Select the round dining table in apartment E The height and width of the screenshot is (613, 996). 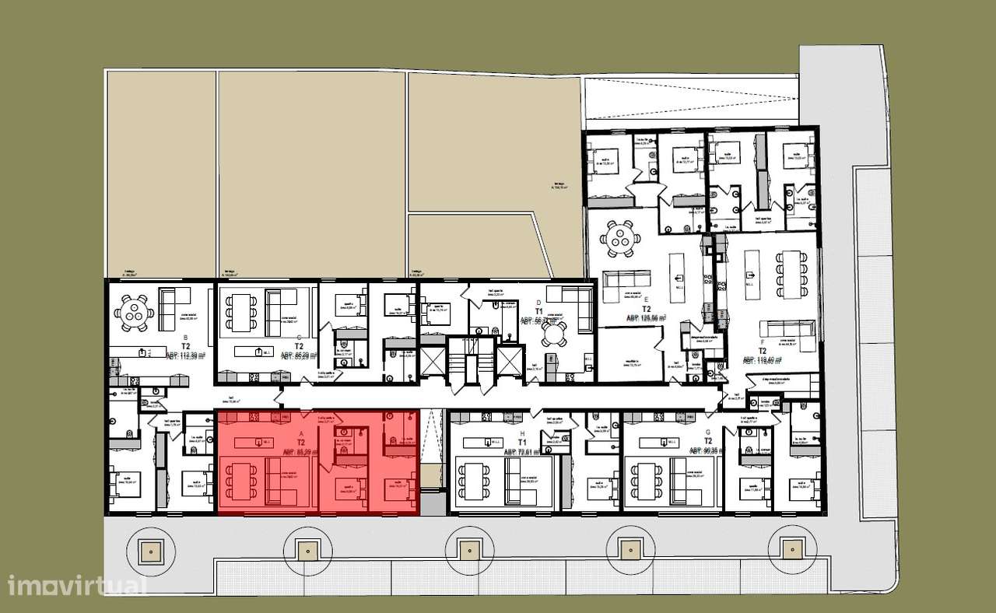[x=622, y=238]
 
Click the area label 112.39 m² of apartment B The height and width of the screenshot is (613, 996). [x=184, y=356]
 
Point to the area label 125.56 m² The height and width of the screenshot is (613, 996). [x=647, y=318]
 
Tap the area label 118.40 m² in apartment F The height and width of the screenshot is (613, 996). [x=763, y=360]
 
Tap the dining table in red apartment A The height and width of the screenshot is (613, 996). [x=241, y=482]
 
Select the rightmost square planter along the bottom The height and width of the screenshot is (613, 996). [x=791, y=548]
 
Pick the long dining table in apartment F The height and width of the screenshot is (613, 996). [x=791, y=274]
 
